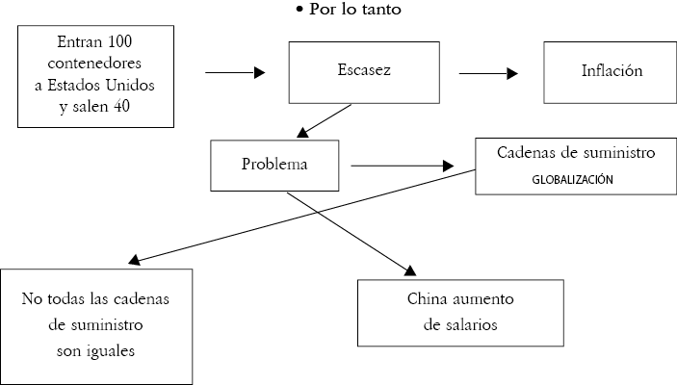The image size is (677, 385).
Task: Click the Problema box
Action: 274,164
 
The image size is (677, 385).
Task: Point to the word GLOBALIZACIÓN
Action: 572,178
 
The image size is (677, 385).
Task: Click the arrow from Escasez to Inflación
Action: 489,71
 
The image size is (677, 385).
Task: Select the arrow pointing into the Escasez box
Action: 237,71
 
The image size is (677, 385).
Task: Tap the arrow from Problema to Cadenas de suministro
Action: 402,166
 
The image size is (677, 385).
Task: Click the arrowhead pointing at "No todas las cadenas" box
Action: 135,260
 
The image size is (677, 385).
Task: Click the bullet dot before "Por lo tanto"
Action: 299,10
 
